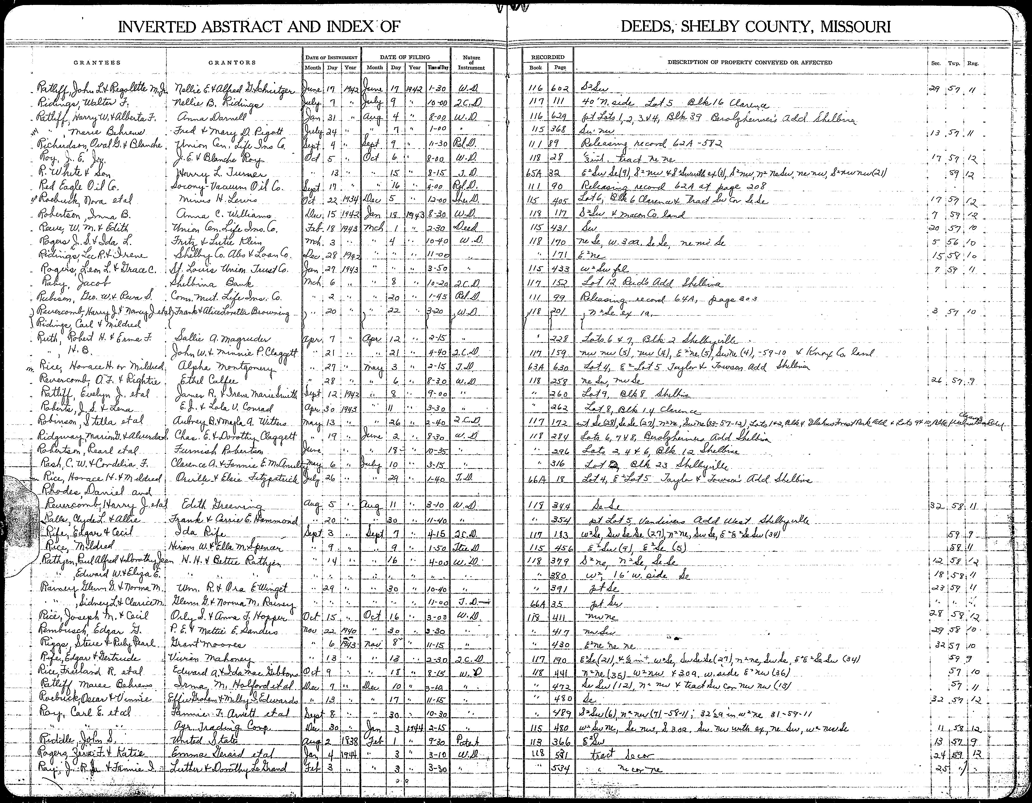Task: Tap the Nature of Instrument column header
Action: coord(471,63)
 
